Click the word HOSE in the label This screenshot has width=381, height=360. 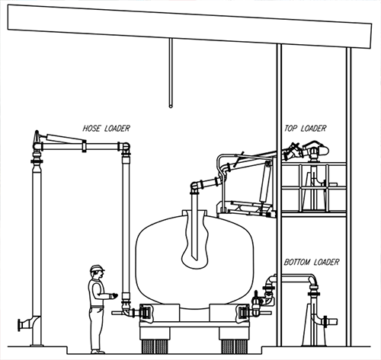[x=91, y=129]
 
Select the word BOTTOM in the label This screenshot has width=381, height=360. [x=297, y=262]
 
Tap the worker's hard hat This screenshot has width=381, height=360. [x=97, y=268]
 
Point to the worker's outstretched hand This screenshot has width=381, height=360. [x=114, y=295]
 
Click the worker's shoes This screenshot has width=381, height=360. [x=98, y=352]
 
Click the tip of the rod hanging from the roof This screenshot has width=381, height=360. [x=171, y=107]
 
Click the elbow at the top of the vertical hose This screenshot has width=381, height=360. [x=125, y=148]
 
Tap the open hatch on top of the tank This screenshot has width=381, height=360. [x=194, y=212]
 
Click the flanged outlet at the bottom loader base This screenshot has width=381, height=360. [x=330, y=322]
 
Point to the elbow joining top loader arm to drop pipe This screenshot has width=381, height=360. [x=195, y=186]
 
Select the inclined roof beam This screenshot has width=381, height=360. [x=190, y=26]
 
